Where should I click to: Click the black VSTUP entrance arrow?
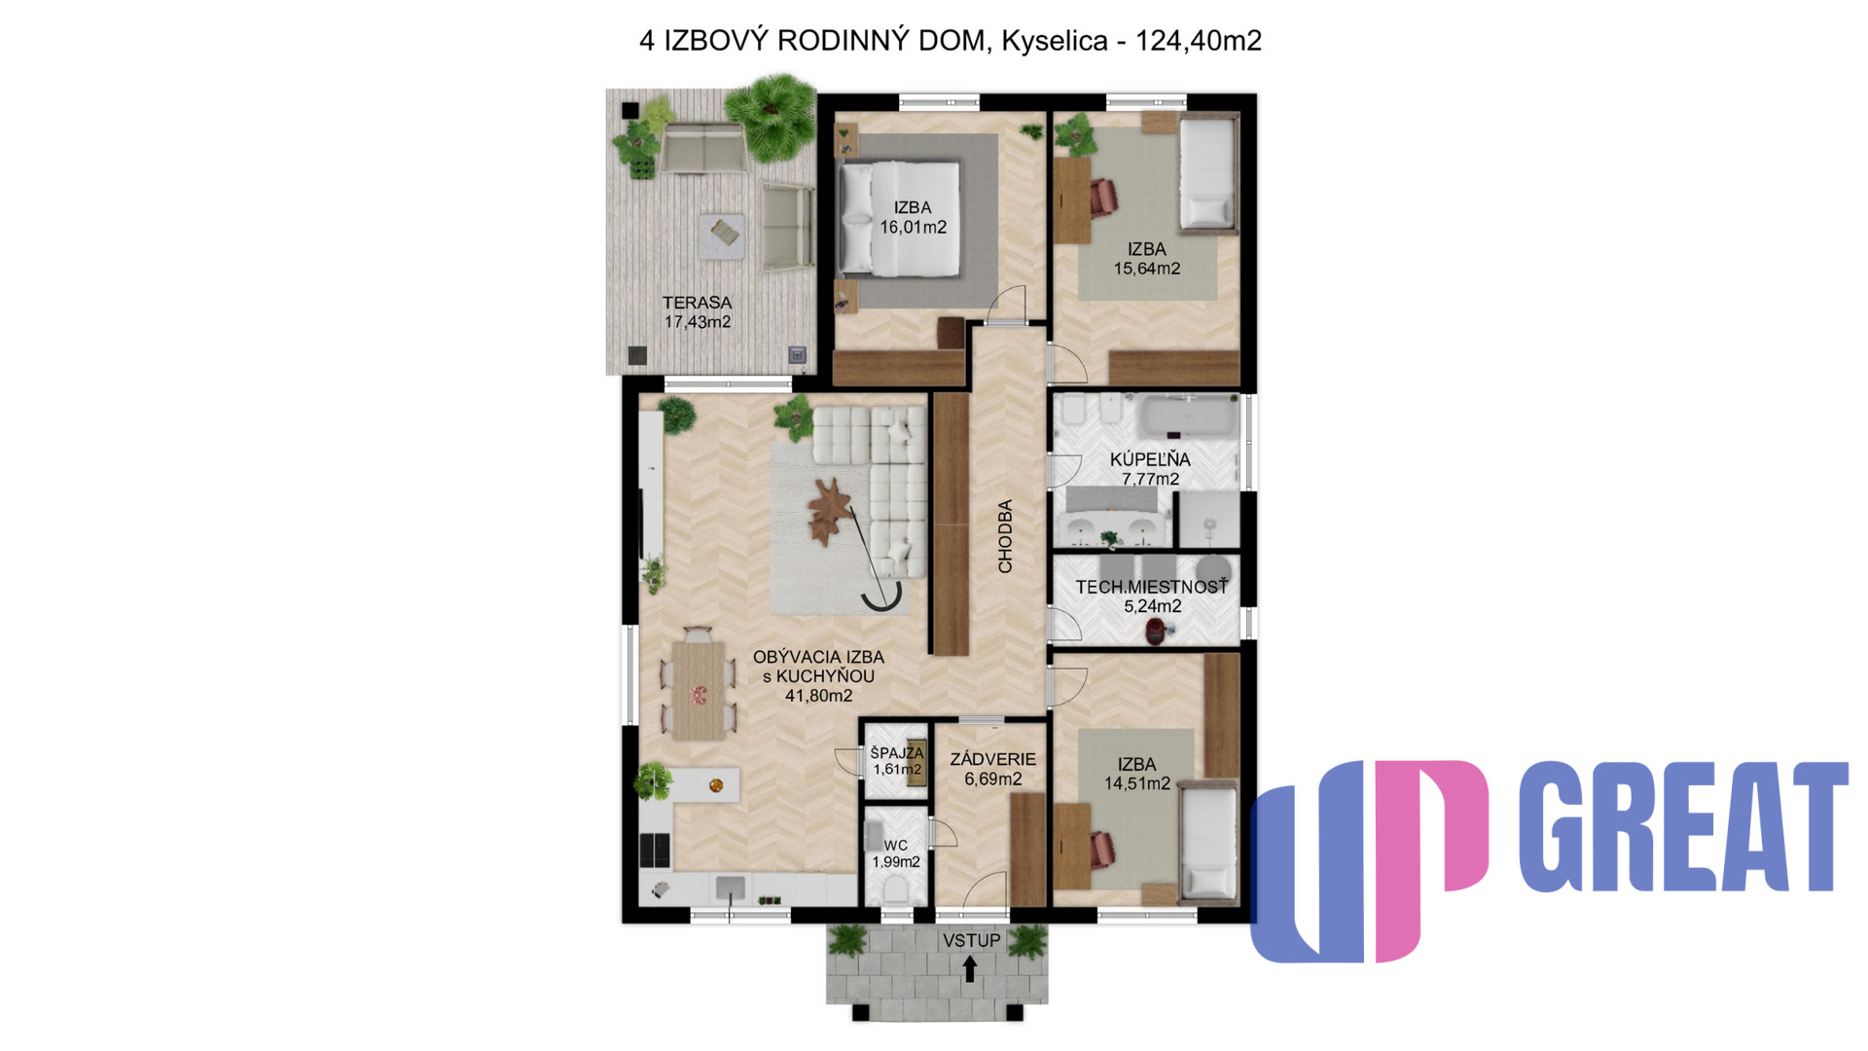point(969,969)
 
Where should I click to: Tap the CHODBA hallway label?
point(1005,536)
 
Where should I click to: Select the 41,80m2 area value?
point(818,696)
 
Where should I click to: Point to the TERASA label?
point(697,303)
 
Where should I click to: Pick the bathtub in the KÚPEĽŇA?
point(1190,417)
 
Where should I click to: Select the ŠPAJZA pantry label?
point(897,752)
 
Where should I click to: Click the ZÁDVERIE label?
point(992,759)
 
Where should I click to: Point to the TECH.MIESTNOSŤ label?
point(1151,587)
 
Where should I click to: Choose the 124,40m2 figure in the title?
point(1199,41)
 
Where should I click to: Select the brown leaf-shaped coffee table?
point(830,511)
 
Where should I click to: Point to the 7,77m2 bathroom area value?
point(1150,479)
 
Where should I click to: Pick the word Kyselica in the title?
point(1055,41)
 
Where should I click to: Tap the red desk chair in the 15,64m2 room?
point(1103,197)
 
